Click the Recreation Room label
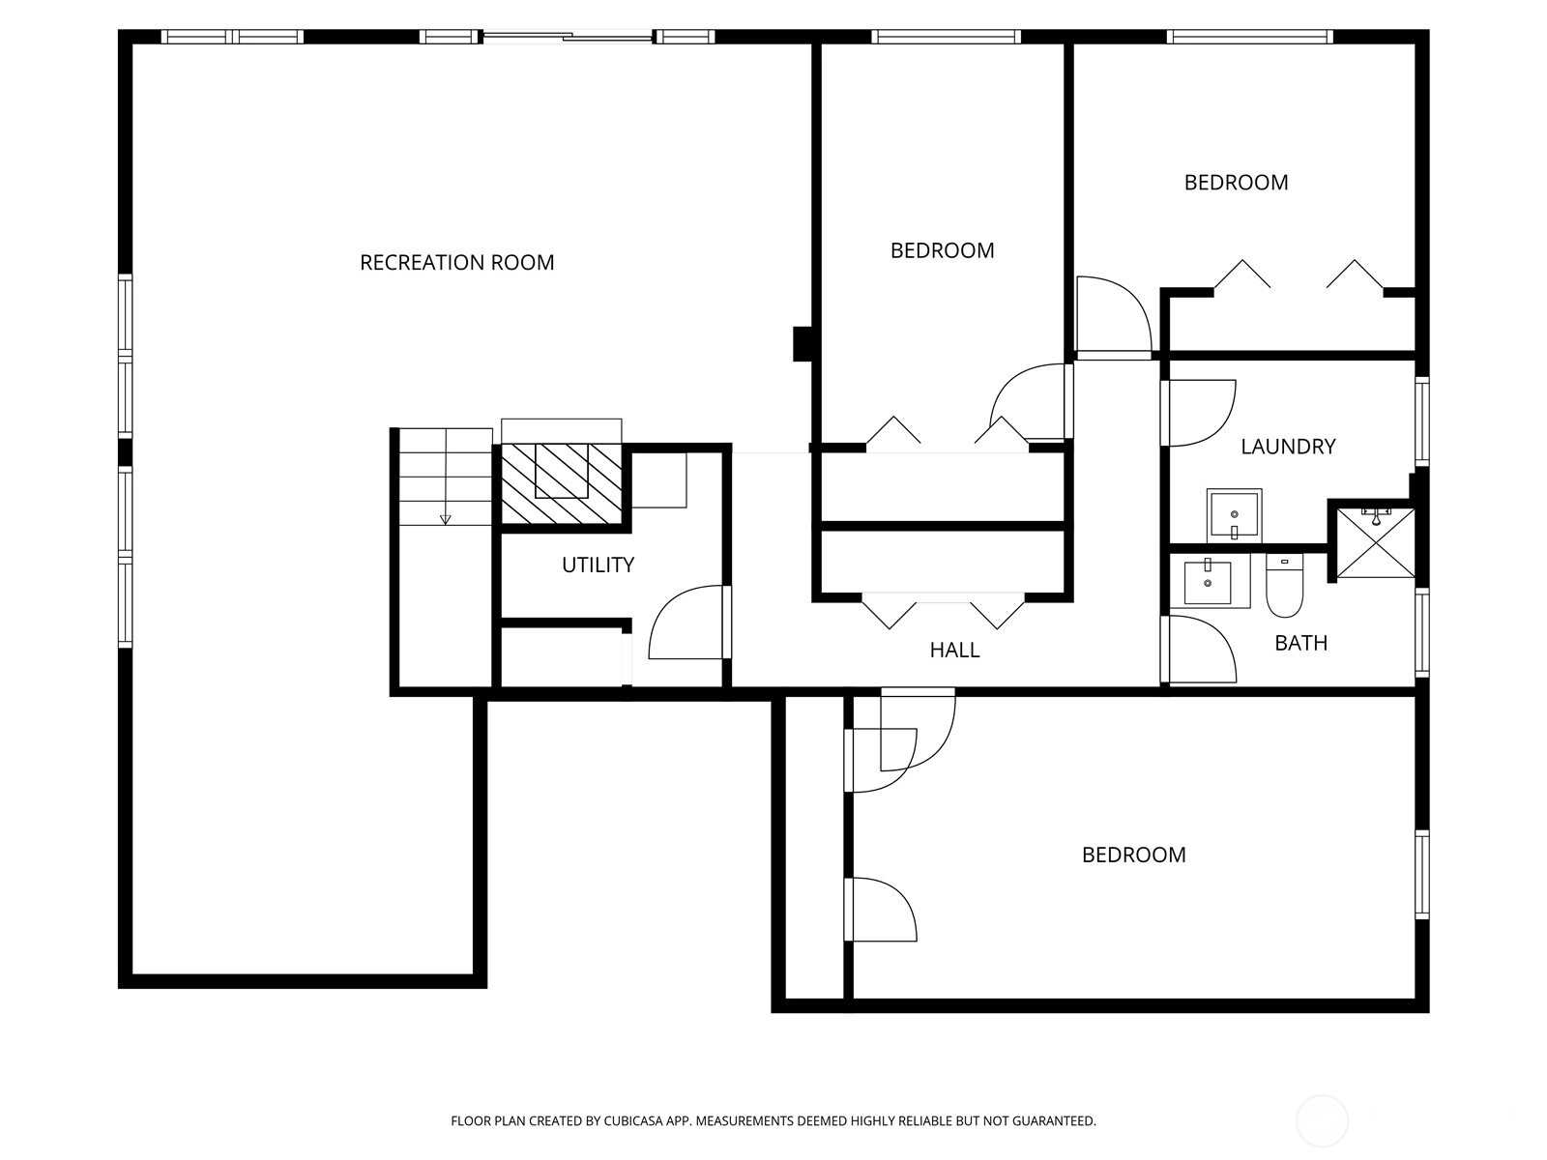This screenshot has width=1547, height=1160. [456, 263]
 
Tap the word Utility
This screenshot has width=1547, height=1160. [598, 565]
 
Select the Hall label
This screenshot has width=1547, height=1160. [954, 650]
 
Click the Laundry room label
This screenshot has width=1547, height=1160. [1288, 447]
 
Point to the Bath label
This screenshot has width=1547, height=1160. [1301, 643]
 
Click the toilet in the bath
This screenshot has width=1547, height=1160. [1285, 585]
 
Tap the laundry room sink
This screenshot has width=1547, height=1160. [1234, 515]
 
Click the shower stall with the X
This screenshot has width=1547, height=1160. [1375, 542]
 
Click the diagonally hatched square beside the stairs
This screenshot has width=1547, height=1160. [561, 483]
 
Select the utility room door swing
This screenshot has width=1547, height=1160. [688, 622]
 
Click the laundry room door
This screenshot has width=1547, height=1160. [1199, 413]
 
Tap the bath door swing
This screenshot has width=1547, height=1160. [1199, 649]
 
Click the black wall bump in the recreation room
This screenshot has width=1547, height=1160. [803, 344]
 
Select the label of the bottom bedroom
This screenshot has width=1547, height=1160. [1133, 855]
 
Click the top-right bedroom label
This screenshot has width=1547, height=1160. [1236, 183]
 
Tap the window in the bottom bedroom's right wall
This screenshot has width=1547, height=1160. [1422, 874]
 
